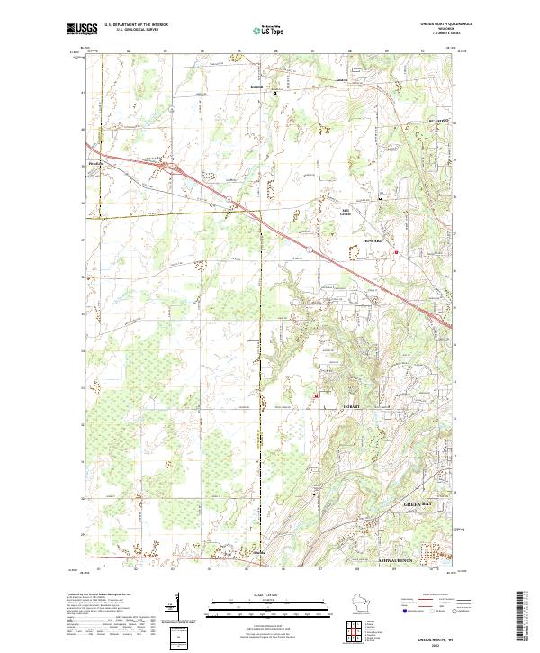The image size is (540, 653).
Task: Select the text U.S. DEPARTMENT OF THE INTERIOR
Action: point(136,25)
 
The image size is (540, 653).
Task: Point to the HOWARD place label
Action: point(373,242)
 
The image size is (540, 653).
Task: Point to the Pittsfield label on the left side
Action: point(97,163)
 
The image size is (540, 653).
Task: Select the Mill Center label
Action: point(345,213)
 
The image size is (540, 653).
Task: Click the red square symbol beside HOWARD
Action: point(396,252)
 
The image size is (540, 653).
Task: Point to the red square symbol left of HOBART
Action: point(316,395)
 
